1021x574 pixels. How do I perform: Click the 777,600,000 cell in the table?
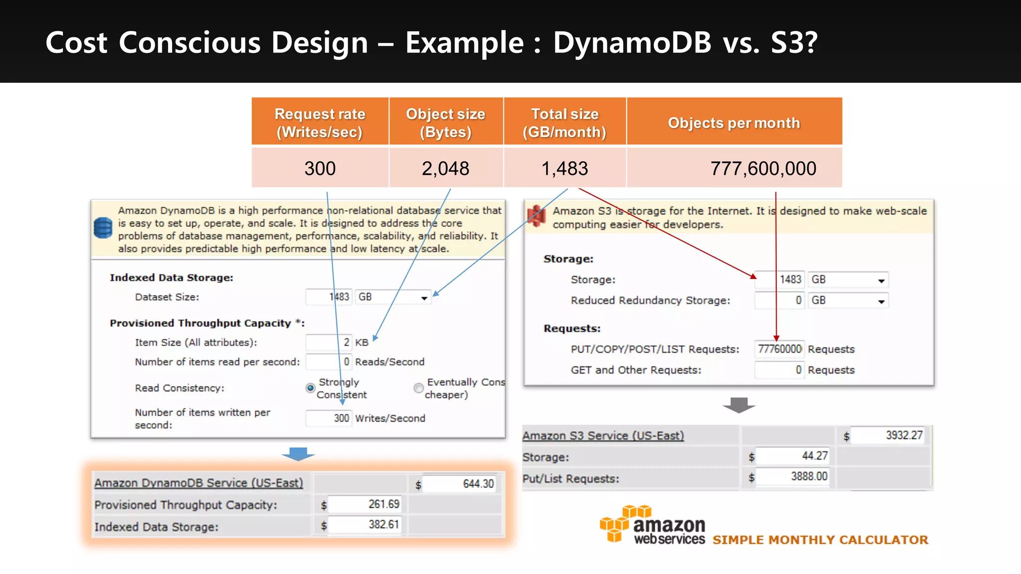(763, 168)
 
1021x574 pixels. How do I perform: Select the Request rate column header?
(320, 123)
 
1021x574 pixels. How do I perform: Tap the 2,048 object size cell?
(445, 168)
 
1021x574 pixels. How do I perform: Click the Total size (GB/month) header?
(564, 123)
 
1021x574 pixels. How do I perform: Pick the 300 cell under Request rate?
(320, 168)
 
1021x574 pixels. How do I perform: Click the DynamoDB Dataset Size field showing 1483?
(329, 297)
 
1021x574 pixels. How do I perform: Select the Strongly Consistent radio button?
(310, 388)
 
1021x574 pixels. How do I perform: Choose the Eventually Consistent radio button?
(418, 388)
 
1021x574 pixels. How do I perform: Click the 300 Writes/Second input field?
(329, 418)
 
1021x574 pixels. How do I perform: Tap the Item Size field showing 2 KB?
(329, 342)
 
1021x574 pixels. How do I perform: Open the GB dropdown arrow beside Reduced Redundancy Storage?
(881, 301)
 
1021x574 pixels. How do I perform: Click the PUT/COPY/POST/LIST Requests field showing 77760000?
(779, 349)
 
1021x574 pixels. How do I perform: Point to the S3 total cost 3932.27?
(887, 435)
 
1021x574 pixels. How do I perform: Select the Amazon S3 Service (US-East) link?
(603, 436)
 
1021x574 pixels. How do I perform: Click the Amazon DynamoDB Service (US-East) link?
(198, 483)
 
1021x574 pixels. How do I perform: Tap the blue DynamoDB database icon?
(103, 228)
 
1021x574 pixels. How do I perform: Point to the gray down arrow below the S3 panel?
(739, 405)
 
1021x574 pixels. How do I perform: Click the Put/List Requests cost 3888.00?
(793, 477)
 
